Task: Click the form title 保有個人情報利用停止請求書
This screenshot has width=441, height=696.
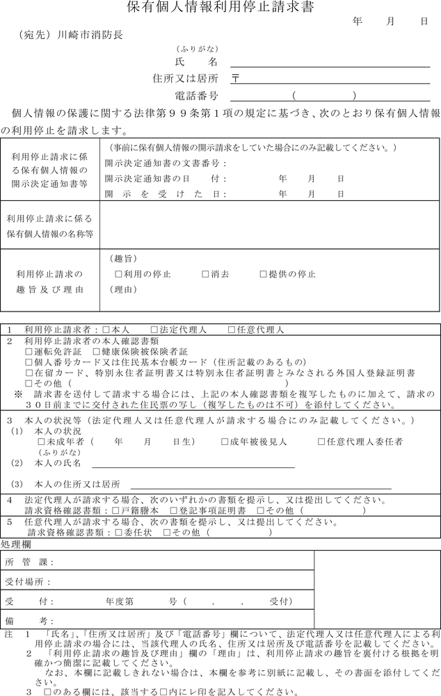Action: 220,8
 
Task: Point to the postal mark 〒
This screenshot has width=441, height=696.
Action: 236,79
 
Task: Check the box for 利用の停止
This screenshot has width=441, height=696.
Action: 118,274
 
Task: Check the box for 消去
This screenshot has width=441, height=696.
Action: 205,274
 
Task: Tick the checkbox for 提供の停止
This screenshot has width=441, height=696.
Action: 264,274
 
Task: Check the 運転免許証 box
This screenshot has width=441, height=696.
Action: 29,353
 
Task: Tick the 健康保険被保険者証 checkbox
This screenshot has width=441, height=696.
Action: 96,353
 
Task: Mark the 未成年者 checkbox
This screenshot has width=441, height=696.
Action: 42,442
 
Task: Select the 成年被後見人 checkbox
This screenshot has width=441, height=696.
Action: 225,442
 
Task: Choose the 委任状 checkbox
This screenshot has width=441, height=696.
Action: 118,533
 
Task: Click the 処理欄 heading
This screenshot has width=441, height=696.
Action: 15,544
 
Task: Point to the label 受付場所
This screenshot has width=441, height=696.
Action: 28,582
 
